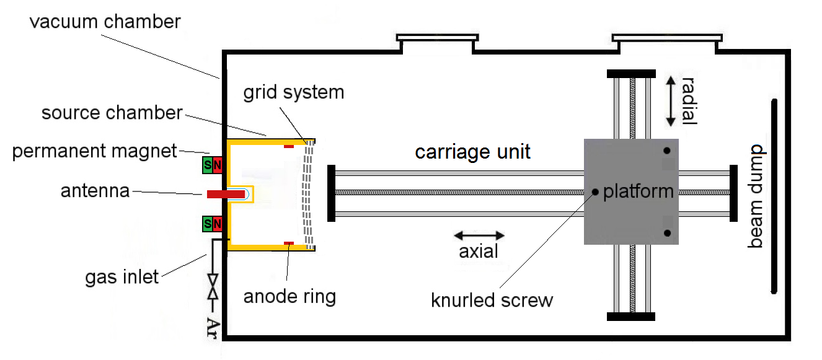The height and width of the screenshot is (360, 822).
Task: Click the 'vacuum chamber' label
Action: [105, 22]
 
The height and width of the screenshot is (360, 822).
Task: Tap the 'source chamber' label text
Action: [112, 113]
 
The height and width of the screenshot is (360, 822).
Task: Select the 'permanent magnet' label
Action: [94, 151]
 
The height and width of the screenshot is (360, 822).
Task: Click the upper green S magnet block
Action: [207, 165]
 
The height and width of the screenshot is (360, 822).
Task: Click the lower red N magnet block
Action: [216, 224]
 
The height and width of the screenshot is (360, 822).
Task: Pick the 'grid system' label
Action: [293, 93]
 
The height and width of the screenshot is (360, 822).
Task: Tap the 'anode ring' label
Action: [289, 296]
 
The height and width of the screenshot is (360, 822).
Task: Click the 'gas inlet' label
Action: [122, 276]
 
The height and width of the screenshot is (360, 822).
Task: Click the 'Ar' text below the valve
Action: [213, 327]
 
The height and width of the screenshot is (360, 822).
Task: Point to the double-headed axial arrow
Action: [479, 235]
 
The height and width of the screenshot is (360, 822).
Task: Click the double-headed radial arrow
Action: [670, 102]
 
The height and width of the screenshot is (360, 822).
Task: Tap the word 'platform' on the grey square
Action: [638, 191]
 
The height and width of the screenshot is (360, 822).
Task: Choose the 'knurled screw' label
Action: [492, 301]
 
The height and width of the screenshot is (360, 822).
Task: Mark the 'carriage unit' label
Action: [472, 152]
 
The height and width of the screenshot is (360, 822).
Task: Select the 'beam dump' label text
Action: [755, 196]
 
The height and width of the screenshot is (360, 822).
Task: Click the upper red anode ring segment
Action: [288, 147]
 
